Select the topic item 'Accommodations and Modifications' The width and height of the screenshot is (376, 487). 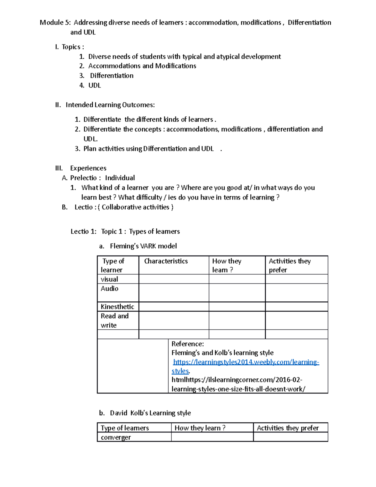point(142,66)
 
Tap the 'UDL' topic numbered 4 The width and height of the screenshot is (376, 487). point(94,85)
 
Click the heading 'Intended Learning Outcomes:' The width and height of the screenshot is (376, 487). point(110,105)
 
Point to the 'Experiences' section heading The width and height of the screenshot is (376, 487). point(88,168)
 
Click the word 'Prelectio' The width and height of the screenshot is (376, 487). point(83,178)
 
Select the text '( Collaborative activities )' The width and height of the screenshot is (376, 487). point(135,207)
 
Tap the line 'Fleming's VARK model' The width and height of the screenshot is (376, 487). point(143,246)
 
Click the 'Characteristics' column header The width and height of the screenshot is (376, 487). point(166,261)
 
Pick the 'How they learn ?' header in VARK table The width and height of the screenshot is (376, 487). point(227,265)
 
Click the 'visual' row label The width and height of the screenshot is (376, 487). point(109,279)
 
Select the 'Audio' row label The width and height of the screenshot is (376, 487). point(109,288)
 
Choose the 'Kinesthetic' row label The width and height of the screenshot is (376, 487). point(117,307)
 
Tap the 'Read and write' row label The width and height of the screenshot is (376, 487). point(114,320)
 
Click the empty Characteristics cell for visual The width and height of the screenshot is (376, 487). point(174,279)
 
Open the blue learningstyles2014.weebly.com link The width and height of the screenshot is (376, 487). point(246,362)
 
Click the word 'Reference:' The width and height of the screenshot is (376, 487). point(187,344)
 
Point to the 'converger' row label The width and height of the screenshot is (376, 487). point(116,437)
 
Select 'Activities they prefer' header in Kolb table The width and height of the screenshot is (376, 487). point(288,428)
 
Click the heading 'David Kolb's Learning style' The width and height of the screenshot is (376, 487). point(150,413)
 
